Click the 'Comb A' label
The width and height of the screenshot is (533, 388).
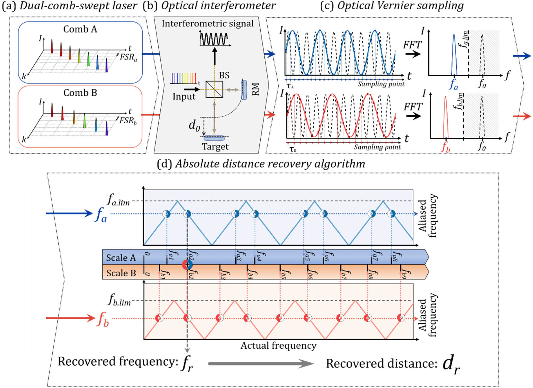80,29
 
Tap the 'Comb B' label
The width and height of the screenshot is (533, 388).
80,93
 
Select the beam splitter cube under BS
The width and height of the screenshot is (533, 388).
214,89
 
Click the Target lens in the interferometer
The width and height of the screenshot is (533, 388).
214,138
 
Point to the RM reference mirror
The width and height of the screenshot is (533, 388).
244,90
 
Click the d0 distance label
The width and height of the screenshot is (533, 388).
194,125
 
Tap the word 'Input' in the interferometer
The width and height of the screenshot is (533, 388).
184,96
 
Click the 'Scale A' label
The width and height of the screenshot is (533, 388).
121,258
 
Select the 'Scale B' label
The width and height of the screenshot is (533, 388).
121,273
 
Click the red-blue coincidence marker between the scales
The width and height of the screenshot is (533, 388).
187,265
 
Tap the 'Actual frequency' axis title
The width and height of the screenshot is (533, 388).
279,345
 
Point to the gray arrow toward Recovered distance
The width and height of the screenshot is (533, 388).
261,364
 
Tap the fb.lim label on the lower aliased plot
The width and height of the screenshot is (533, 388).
119,300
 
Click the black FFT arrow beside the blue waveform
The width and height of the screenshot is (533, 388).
413,54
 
